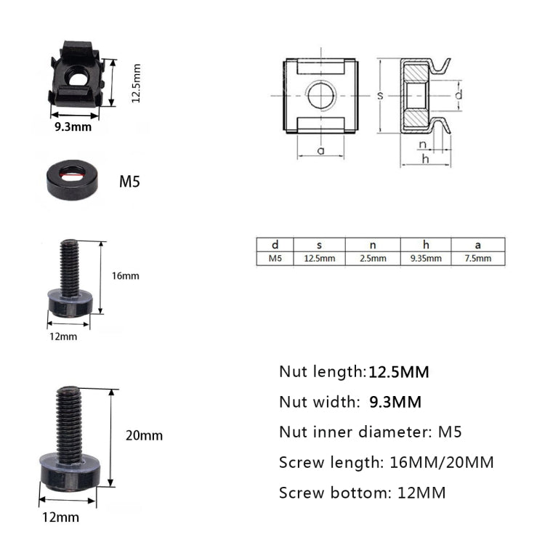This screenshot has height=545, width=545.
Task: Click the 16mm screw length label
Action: click(124, 276)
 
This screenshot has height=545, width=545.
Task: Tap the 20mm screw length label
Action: click(144, 436)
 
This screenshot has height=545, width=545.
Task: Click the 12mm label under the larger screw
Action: click(62, 517)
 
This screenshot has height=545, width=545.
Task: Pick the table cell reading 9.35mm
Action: click(425, 259)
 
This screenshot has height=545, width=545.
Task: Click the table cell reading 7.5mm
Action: click(477, 259)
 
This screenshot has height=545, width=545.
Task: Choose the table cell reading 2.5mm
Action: click(372, 259)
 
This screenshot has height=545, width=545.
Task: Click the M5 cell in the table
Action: click(275, 259)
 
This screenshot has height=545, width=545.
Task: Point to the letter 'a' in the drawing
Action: click(320, 150)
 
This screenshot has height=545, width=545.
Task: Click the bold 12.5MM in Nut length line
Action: click(399, 372)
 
